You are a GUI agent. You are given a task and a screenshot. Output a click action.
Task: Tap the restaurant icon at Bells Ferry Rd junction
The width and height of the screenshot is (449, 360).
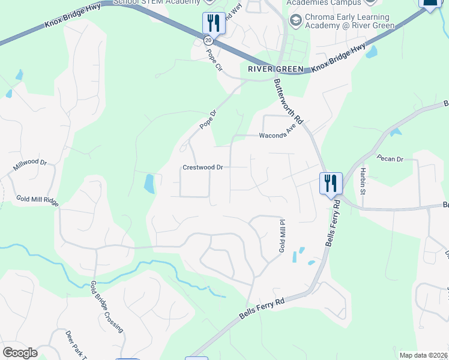coord(330,183)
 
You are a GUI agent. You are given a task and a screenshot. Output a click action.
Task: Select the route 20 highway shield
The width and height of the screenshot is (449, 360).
coord(208,40)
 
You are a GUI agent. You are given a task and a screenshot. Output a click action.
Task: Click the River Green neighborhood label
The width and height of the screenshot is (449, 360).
coord(276,69)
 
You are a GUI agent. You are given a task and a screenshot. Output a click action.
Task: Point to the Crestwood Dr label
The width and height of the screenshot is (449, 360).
coord(203,168)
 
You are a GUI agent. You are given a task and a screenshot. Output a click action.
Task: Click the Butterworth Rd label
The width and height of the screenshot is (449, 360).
coord(288,101)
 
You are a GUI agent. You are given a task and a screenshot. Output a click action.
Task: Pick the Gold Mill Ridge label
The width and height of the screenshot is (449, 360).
coord(37,200)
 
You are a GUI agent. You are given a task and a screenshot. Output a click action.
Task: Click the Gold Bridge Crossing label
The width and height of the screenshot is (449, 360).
coord(107,307)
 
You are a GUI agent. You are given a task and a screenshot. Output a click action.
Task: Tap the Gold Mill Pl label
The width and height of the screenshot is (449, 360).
coord(280,235)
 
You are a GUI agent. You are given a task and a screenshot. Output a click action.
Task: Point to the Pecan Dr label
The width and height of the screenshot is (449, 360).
coord(390,159)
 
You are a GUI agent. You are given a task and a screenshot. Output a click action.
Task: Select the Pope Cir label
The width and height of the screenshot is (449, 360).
coord(214,61)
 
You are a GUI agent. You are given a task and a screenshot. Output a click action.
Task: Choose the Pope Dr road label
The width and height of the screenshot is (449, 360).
coord(207,122)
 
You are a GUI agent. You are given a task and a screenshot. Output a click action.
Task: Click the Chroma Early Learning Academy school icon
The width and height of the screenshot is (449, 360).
coord(295,22)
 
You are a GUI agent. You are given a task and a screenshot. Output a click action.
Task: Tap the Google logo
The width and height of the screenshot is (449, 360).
coord(20,353)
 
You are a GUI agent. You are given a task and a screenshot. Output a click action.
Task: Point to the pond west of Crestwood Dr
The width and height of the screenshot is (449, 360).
coord(149,184)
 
